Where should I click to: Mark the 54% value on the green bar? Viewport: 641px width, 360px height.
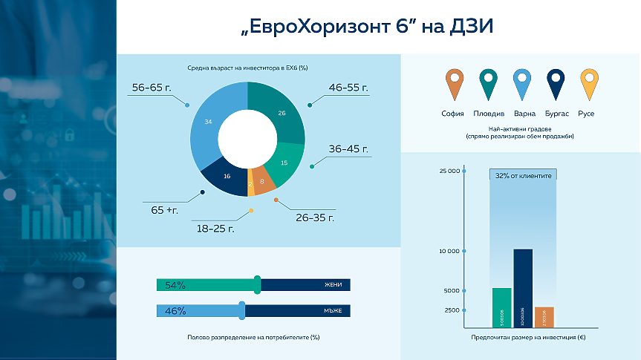pos(175,285)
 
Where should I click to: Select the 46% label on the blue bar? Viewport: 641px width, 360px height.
pos(175,311)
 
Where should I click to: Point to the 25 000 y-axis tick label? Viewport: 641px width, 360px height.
pos(449,171)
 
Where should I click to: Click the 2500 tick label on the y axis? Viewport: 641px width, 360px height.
pos(452,310)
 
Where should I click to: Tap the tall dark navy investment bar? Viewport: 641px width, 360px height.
pos(523,288)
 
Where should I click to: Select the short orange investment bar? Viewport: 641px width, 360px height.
pos(544,317)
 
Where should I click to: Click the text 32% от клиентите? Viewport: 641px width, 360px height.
pos(523,177)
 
